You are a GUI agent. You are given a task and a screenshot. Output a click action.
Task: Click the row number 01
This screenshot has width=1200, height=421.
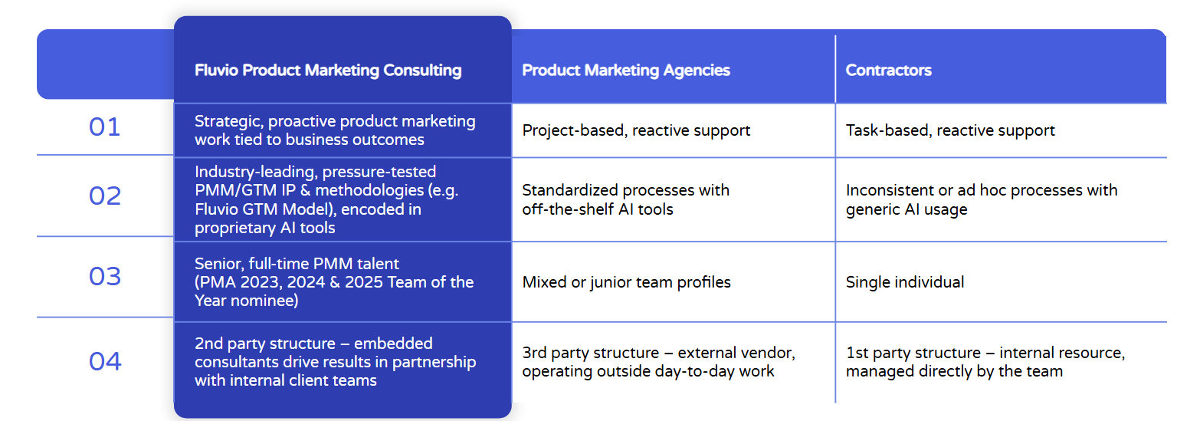coord(104,127)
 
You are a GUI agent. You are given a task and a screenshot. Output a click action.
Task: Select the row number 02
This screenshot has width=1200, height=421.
coord(104,196)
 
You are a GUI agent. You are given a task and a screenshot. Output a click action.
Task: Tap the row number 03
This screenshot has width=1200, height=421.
coord(104,276)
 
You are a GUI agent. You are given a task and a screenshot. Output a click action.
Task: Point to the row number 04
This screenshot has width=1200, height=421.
coord(104,361)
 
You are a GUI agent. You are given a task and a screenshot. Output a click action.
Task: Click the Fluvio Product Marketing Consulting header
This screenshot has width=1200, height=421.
coord(328,71)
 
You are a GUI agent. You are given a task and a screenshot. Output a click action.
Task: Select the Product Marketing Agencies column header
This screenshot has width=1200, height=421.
coord(626,71)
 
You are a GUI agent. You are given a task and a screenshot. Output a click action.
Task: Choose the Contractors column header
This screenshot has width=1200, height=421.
coord(888,71)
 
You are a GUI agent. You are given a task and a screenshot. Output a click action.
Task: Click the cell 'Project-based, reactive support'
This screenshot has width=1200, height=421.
coord(636,130)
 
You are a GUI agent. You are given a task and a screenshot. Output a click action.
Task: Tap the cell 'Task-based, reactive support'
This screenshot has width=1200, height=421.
coord(950,130)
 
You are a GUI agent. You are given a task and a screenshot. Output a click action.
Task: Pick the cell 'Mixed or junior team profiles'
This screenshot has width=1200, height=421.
coord(626,282)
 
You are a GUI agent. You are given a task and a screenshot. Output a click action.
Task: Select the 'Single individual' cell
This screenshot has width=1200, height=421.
coord(905,282)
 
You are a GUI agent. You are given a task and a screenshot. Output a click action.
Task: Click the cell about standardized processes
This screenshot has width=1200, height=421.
coord(625,199)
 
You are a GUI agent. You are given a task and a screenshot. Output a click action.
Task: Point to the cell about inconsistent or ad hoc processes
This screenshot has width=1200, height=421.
coord(981,199)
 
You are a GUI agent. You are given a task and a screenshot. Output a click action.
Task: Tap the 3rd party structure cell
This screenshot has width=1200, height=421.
coord(658,362)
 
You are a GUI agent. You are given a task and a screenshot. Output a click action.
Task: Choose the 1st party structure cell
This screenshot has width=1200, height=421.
coord(985,362)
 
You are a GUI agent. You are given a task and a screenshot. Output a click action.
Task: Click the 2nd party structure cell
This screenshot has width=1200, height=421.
coord(335,361)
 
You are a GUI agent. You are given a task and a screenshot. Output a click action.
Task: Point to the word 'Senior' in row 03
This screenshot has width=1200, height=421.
coord(218,264)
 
